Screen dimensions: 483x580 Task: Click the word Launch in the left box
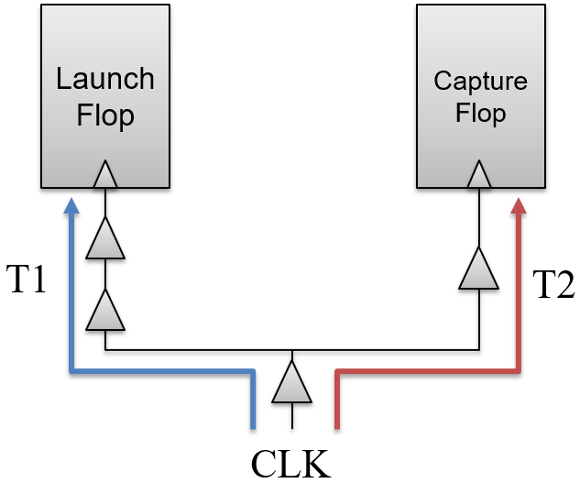pyautogui.click(x=104, y=79)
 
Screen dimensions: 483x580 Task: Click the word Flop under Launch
pyautogui.click(x=104, y=115)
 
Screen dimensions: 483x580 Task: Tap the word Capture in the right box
pyautogui.click(x=480, y=81)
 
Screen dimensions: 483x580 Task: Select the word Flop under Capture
pyautogui.click(x=480, y=114)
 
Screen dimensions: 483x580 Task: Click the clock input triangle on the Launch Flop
pyautogui.click(x=105, y=175)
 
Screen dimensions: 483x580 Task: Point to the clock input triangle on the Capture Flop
pyautogui.click(x=478, y=175)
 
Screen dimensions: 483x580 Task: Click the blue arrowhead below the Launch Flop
pyautogui.click(x=71, y=204)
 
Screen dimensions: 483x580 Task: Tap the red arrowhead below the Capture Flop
pyautogui.click(x=519, y=204)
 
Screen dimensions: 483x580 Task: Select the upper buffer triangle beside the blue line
pyautogui.click(x=105, y=240)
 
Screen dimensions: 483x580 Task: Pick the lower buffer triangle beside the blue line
pyautogui.click(x=105, y=312)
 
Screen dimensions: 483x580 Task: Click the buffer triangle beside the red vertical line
pyautogui.click(x=478, y=269)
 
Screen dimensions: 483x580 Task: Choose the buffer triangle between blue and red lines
pyautogui.click(x=292, y=383)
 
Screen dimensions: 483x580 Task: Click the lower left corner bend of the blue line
pyautogui.click(x=71, y=371)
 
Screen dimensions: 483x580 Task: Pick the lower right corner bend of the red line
pyautogui.click(x=519, y=371)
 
